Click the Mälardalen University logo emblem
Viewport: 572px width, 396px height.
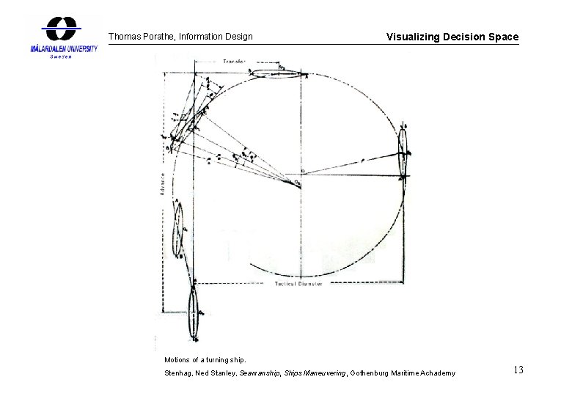[62, 29]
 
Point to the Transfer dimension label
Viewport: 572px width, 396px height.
[235, 62]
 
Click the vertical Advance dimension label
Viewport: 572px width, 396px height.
[162, 183]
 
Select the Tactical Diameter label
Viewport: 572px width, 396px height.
[298, 284]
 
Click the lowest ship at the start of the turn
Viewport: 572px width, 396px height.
[193, 313]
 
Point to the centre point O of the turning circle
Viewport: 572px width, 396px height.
[299, 175]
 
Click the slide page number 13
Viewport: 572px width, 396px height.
[518, 370]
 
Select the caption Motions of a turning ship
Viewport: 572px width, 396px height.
[206, 360]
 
